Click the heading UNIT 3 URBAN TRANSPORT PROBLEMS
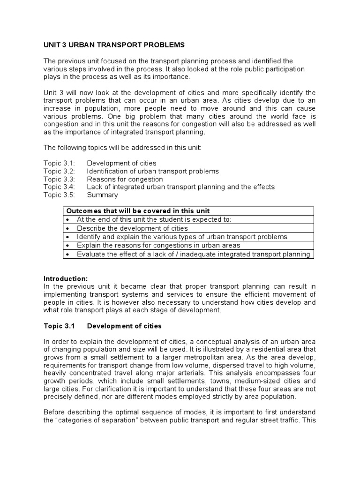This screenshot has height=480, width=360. pos(114,45)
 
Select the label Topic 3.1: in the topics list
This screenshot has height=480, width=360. pos(59,163)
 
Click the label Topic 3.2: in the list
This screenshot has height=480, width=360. pos(59,171)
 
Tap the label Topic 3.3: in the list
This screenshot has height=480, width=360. pos(59,179)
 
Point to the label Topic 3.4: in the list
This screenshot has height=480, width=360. pos(59,187)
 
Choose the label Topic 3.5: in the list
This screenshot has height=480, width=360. pos(59,195)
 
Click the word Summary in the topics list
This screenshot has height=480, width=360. pos(102,195)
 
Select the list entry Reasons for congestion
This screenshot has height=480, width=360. pos(125,179)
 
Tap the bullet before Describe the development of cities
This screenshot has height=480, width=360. pos(68,228)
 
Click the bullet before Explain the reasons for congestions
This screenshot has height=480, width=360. pos(68,245)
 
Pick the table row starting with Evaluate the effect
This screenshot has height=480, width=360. pos(193,254)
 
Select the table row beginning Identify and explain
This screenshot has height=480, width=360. pos(182,237)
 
